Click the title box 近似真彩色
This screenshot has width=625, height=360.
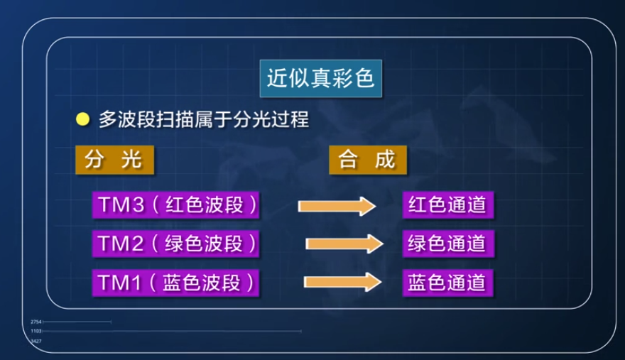320,77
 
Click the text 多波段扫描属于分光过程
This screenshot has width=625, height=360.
203,119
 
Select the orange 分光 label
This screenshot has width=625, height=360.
114,160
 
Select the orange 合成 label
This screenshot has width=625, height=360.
367,160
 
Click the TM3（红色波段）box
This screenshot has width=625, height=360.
174,205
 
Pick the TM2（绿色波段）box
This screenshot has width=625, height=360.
174,244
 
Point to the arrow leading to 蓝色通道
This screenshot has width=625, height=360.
340,283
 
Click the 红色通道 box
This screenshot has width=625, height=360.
447,205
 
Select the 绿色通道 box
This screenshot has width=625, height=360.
447,244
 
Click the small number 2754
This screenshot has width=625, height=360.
37,322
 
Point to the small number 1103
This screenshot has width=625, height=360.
37,332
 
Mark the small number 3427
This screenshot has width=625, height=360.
37,342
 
